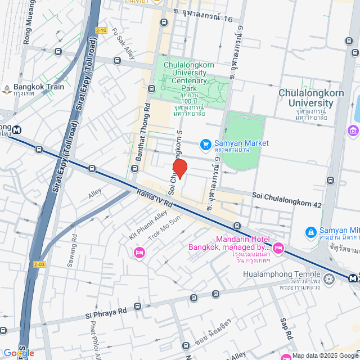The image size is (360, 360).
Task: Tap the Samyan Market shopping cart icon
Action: coord(205,144)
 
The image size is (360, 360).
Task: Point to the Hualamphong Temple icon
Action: coord(328,278)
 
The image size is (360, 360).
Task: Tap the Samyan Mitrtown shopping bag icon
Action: coord(310,232)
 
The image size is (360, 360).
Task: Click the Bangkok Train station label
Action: coord(39,87)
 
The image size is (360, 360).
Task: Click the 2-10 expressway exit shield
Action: coord(101,30)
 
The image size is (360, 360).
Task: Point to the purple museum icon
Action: coord(353,131)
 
